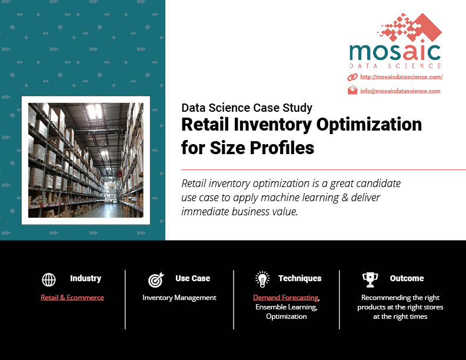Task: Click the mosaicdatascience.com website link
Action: [x=401, y=77]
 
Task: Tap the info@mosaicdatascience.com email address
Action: [x=400, y=91]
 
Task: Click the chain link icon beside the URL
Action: [x=352, y=77]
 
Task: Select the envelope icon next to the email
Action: [x=352, y=90]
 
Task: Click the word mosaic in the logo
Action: [x=395, y=52]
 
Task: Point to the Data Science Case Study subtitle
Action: [x=247, y=108]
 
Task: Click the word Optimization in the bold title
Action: [x=369, y=125]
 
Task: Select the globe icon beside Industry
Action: [x=49, y=279]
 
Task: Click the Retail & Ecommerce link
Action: [x=72, y=298]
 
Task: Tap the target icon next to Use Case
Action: [x=156, y=280]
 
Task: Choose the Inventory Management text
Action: [x=179, y=298]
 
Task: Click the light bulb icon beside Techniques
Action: [x=262, y=279]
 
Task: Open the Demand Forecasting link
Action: [x=285, y=298]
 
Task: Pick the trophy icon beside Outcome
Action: [x=370, y=280]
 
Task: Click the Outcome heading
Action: [x=407, y=278]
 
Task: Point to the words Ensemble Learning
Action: [x=286, y=307]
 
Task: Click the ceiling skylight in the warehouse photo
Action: [x=94, y=111]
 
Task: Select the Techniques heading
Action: [x=300, y=278]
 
